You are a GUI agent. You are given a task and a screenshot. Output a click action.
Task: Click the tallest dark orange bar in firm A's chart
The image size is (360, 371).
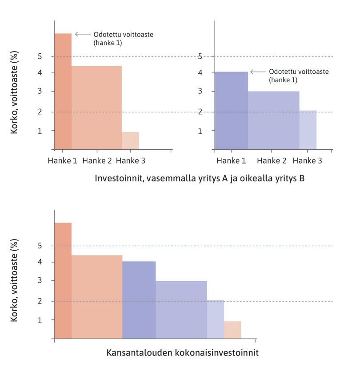[63, 91]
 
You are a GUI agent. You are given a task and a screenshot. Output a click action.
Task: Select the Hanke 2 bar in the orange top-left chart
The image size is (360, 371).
[96, 108]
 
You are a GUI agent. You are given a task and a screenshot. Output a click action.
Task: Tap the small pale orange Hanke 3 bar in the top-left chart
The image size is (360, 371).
[130, 140]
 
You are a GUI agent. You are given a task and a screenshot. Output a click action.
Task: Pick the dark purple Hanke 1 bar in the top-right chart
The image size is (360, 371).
[231, 110]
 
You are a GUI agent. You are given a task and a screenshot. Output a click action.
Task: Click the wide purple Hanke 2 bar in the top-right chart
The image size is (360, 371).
[273, 120]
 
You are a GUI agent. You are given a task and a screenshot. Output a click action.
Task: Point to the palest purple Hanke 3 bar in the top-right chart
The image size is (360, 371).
[308, 130]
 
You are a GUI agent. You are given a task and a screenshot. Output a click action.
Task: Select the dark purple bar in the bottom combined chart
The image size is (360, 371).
[139, 300]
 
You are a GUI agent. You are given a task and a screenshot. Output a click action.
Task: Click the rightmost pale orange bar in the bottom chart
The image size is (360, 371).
[232, 330]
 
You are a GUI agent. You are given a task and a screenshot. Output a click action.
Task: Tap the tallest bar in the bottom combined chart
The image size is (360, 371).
[63, 280]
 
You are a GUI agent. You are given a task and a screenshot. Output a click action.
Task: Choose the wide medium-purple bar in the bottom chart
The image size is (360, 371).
[181, 310]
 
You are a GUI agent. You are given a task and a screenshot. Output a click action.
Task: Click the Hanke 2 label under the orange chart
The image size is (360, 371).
[96, 161]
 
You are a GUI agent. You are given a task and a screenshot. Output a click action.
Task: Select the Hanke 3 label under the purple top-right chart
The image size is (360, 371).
[308, 161]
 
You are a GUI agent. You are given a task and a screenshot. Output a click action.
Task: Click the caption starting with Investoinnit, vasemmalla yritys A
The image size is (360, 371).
[199, 178]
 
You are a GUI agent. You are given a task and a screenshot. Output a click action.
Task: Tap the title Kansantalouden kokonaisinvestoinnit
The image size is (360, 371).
[182, 353]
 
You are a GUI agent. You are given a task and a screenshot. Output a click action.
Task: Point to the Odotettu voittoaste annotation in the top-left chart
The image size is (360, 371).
[124, 39]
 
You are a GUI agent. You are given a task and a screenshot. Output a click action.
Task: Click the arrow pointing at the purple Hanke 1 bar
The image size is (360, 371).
[258, 72]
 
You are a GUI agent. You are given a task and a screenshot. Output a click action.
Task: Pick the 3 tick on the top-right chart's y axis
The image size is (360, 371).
[200, 92]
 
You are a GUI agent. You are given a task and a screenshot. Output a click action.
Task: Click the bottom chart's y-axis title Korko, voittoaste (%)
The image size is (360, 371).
[15, 280]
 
